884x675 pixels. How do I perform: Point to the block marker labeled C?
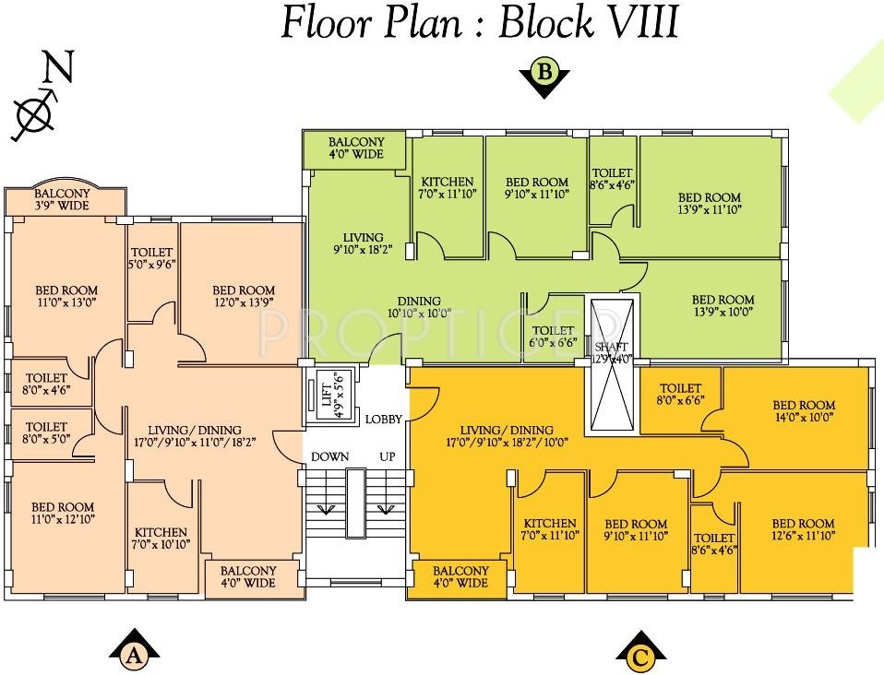640,652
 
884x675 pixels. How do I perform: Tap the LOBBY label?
383,420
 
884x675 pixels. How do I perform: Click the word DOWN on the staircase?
329,456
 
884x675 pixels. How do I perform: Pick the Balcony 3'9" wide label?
63,199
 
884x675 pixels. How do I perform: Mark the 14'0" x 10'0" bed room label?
803,411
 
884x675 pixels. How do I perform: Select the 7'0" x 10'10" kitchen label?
161,539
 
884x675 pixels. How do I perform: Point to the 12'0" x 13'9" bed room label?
243,295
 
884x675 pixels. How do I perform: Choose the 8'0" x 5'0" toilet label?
46,433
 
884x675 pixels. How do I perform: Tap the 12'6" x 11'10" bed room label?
803,529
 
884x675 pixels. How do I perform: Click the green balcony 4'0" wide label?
355,148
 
